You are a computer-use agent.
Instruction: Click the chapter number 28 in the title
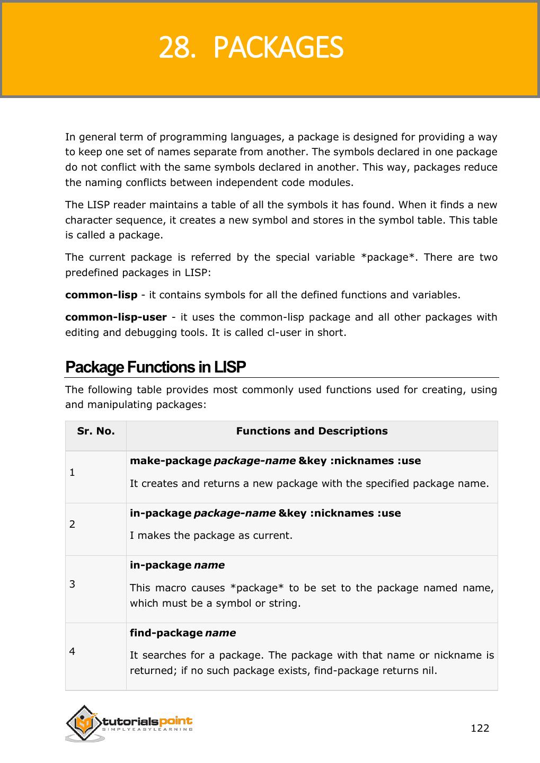[174, 48]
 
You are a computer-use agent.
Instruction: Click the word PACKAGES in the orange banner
[278, 48]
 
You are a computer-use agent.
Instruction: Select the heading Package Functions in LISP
[155, 367]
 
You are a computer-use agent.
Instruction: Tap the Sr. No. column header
[96, 431]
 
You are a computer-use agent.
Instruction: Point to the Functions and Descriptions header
[312, 431]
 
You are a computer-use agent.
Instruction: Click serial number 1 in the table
[72, 472]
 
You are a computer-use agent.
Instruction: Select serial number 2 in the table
[72, 524]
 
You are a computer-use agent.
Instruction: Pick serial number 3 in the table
[72, 584]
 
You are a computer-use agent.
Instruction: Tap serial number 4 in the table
[72, 651]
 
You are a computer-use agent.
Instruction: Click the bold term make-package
[171, 461]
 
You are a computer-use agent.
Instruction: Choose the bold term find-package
[166, 633]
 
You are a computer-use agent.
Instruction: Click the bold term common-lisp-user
[116, 317]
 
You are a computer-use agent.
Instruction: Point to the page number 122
[480, 728]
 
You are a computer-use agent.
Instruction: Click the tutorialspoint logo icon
[84, 722]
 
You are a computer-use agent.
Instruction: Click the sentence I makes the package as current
[211, 535]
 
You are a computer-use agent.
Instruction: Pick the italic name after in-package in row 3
[209, 565]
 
